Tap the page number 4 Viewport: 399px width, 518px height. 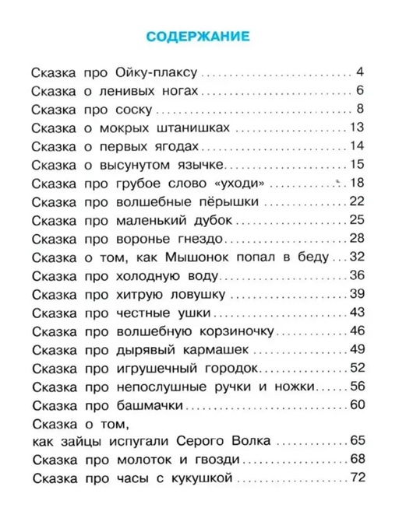pos(360,73)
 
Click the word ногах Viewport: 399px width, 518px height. pos(161,90)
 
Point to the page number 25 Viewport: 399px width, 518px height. pos(358,219)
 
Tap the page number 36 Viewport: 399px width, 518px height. pos(358,274)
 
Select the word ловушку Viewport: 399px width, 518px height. pos(199,292)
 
